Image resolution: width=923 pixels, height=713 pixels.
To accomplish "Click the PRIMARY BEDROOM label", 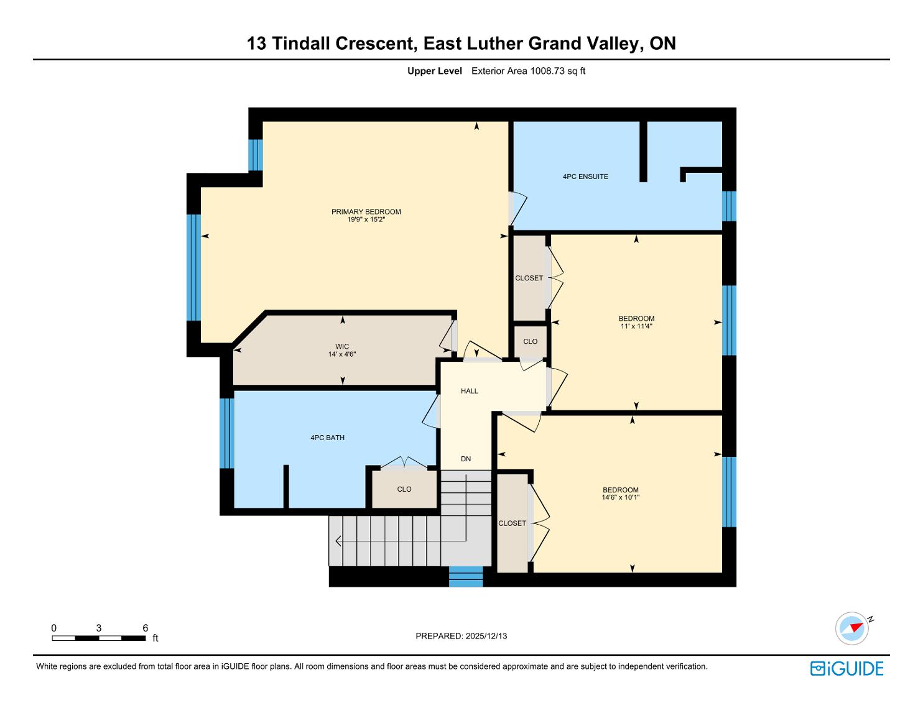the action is (x=366, y=211).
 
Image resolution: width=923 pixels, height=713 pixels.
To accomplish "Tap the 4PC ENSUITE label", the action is (x=585, y=177).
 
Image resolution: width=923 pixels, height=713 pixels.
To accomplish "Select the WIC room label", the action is (x=342, y=346).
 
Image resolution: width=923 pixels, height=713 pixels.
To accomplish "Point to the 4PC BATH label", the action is (x=327, y=438).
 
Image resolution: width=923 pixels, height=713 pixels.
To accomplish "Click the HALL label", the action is (x=470, y=391).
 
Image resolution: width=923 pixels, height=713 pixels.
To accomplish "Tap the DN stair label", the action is (x=466, y=459).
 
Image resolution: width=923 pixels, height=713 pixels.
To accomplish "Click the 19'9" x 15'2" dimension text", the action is (x=366, y=219).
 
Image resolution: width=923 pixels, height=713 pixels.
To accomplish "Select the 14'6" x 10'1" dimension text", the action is (x=620, y=497).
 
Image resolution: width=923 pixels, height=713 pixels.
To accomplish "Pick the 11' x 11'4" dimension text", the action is (x=636, y=326).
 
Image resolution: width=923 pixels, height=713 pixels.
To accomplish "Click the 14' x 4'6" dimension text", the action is (x=342, y=354).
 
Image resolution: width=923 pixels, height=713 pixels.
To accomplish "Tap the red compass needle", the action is (x=856, y=627).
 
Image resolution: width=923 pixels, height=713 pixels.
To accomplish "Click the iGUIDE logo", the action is (x=846, y=668).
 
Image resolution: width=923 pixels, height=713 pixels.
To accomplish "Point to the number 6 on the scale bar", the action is (x=146, y=628).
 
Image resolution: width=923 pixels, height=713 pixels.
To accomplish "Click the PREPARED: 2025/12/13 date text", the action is (x=462, y=636).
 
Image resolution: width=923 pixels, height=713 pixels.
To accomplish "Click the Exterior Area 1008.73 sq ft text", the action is (x=528, y=71).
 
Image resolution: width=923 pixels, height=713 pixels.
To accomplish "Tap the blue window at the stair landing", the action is (x=465, y=576).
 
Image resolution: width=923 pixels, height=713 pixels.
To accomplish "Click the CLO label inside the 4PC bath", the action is (x=404, y=489).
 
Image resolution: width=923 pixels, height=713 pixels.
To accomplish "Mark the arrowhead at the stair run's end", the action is (x=338, y=541).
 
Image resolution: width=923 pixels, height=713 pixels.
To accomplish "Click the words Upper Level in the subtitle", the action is (x=435, y=71).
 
